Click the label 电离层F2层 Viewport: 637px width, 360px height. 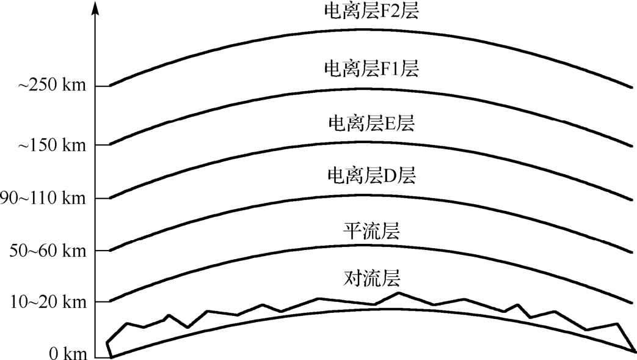click(371, 13)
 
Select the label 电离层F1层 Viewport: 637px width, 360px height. click(371, 68)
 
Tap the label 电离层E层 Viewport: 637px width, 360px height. click(371, 123)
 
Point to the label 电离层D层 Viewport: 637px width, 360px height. click(371, 177)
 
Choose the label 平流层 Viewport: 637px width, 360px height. click(371, 232)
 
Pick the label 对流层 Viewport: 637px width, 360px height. click(371, 279)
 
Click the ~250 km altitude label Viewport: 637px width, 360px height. click(51, 86)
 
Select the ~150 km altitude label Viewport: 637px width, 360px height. click(51, 145)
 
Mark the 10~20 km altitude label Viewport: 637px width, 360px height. click(45, 302)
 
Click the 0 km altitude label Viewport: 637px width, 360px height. click(67, 354)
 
